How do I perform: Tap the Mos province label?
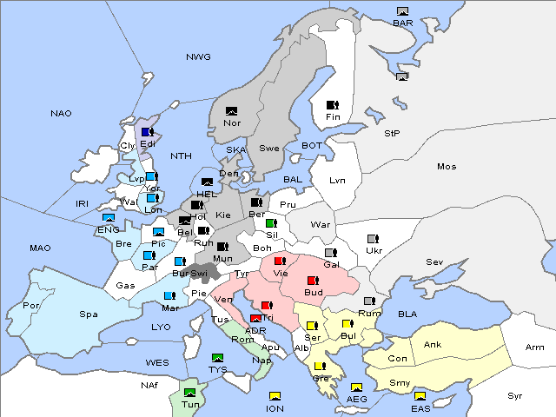[447, 166]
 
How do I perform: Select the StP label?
[392, 134]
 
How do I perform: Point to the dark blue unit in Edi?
[147, 132]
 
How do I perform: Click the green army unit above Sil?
[271, 223]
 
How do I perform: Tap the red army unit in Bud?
[313, 281]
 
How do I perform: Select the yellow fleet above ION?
[275, 396]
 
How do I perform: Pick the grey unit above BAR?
[402, 11]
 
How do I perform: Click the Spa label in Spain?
[88, 314]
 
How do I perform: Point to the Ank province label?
[432, 345]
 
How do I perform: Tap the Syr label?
[515, 395]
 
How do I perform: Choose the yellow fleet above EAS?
[420, 396]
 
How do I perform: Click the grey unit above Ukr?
[373, 239]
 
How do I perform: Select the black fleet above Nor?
[231, 111]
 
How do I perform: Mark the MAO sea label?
[40, 248]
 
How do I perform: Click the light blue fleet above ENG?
[109, 218]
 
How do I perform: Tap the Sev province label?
[434, 261]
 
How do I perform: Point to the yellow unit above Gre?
[319, 367]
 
